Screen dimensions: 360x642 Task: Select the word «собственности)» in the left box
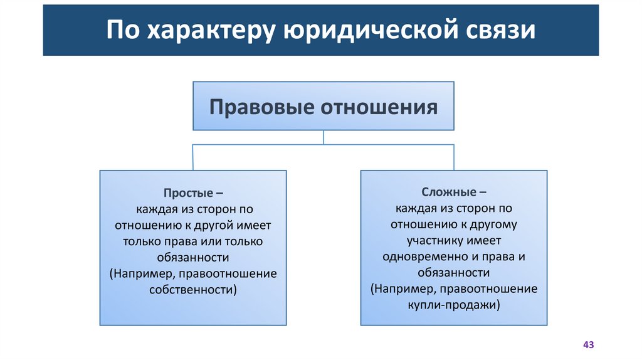tap(193, 290)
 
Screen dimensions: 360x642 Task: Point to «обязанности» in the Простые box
tap(193, 257)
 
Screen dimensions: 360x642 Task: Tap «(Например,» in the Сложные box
tap(401, 289)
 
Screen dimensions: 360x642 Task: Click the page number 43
tap(588, 345)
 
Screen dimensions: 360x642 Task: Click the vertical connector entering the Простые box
tap(192, 157)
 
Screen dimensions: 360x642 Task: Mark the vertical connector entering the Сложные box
tap(453, 157)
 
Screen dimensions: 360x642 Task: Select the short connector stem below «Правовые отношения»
tap(323, 137)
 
